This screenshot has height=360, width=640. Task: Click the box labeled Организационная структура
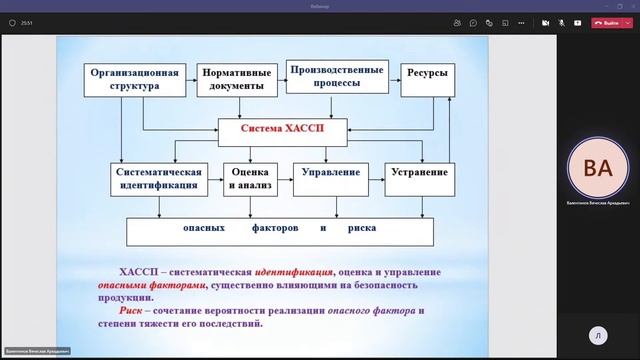pyautogui.click(x=135, y=80)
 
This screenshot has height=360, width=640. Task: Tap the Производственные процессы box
pyautogui.click(x=336, y=77)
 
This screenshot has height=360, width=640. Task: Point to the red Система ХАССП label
pyautogui.click(x=283, y=130)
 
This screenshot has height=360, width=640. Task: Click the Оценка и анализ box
pyautogui.click(x=248, y=179)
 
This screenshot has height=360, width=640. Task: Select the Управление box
pyautogui.click(x=330, y=173)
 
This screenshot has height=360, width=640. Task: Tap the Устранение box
pyautogui.click(x=419, y=173)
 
